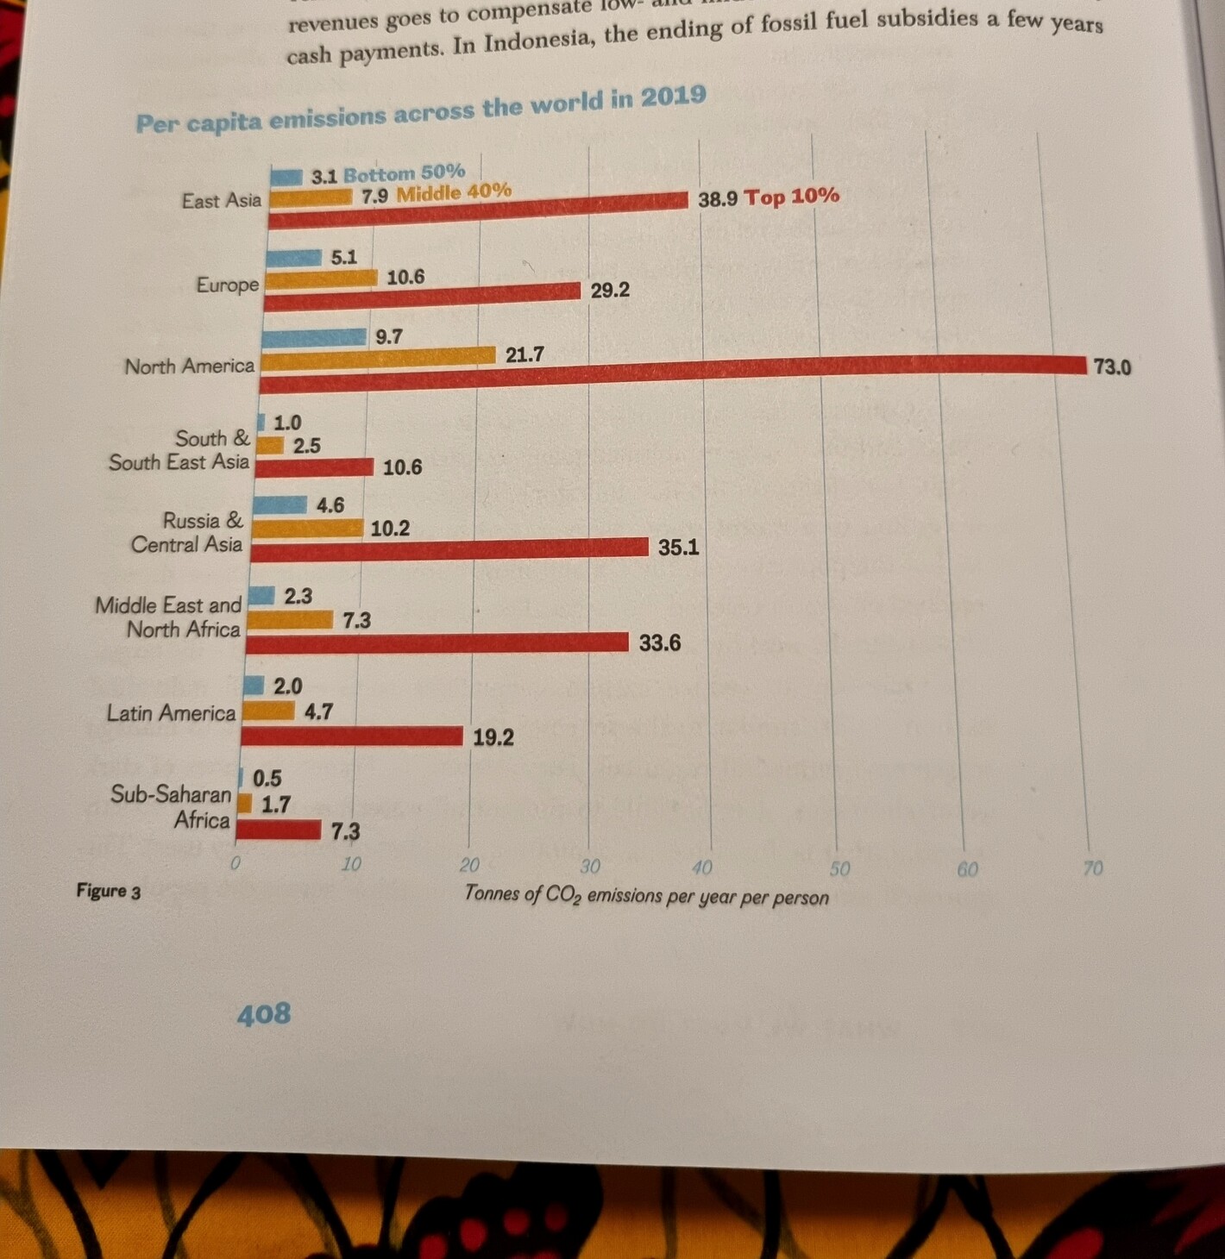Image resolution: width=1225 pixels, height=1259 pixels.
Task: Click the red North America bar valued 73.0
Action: click(x=673, y=366)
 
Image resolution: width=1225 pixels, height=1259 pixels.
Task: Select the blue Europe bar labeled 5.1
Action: click(x=293, y=258)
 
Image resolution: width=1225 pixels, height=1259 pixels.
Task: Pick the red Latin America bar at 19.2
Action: click(x=352, y=736)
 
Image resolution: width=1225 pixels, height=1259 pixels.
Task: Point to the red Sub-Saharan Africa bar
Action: click(x=279, y=830)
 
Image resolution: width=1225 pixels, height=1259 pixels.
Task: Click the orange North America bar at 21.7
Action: click(x=378, y=356)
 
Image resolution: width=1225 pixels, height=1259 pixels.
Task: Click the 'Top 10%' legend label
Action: click(x=791, y=196)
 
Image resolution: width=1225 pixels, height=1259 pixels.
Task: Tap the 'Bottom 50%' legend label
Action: click(x=404, y=173)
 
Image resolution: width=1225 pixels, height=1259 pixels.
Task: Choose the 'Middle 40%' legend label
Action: click(x=454, y=191)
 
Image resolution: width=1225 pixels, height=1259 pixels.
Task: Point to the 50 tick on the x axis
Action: click(x=839, y=868)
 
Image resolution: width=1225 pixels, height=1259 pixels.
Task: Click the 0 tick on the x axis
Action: click(x=235, y=863)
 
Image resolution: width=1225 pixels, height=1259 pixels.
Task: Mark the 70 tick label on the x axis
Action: click(x=1092, y=868)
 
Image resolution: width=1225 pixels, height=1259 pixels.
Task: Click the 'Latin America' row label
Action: click(x=171, y=713)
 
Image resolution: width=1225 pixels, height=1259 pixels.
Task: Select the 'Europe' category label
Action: click(x=227, y=285)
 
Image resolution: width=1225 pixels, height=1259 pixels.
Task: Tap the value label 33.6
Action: click(x=660, y=643)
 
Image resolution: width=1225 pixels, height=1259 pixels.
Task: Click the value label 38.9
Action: click(x=718, y=199)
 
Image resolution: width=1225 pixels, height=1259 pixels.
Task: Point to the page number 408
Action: click(x=264, y=1014)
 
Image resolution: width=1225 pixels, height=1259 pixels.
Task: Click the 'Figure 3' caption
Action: click(x=108, y=891)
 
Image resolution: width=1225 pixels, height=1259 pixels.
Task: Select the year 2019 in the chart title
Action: click(x=673, y=96)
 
